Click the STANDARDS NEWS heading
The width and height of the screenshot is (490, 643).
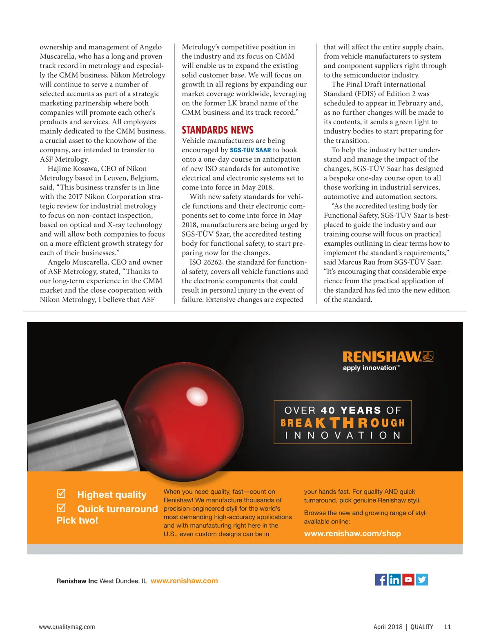[x=217, y=130]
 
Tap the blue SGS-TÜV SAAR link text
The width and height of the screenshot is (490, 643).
[x=250, y=150]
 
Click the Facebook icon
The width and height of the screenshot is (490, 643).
[x=381, y=580]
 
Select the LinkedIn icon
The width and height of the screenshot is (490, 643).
[x=394, y=580]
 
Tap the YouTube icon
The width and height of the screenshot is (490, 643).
[x=408, y=580]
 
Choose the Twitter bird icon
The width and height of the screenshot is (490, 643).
[x=422, y=580]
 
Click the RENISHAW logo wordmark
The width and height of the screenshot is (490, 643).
[x=382, y=357]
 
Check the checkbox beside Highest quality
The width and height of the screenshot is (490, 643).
[x=61, y=494]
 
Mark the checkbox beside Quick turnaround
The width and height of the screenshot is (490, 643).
[x=61, y=508]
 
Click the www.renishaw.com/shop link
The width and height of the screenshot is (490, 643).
[x=352, y=534]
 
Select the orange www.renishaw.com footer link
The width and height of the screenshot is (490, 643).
[x=184, y=581]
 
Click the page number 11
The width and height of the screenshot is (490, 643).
[x=448, y=627]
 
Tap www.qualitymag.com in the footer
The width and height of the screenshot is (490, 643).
[x=67, y=627]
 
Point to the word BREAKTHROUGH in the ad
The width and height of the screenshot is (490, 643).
[x=343, y=423]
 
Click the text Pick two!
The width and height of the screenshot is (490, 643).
[x=77, y=521]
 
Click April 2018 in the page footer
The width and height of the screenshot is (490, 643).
[x=388, y=627]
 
